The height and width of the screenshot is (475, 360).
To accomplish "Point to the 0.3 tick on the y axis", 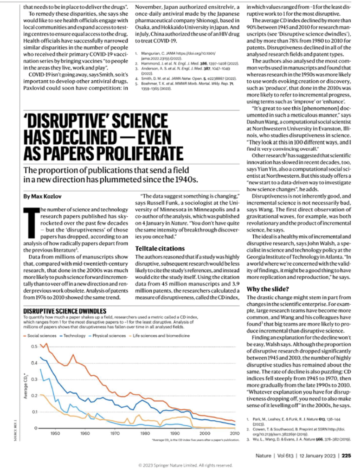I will [33, 379].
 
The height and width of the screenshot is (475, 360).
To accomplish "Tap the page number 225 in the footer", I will [346, 455].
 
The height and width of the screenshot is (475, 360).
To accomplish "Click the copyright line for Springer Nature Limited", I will [180, 465].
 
